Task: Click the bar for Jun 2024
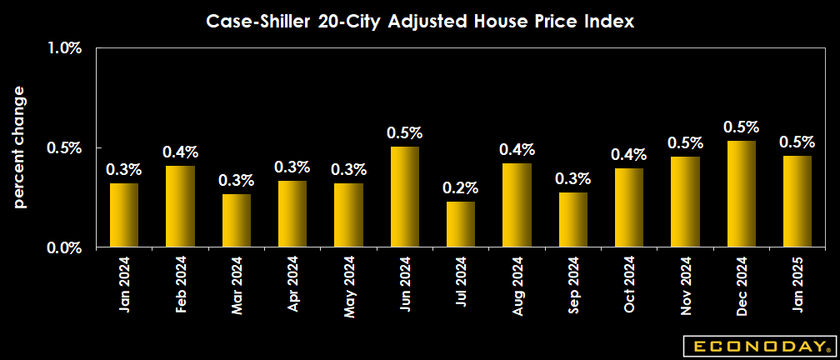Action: [404, 197]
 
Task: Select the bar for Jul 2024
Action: [461, 224]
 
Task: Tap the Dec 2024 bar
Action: [742, 194]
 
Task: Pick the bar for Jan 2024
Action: [124, 215]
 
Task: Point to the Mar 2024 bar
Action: [236, 221]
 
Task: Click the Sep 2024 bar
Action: [573, 220]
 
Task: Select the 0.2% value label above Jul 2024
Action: [461, 187]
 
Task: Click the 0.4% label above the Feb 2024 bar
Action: [180, 152]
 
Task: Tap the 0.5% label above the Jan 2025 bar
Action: [797, 142]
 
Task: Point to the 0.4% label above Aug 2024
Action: [517, 149]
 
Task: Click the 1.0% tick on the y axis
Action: [64, 48]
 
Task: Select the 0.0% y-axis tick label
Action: [64, 247]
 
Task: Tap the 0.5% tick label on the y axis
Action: [64, 147]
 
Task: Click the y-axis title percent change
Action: [19, 147]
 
